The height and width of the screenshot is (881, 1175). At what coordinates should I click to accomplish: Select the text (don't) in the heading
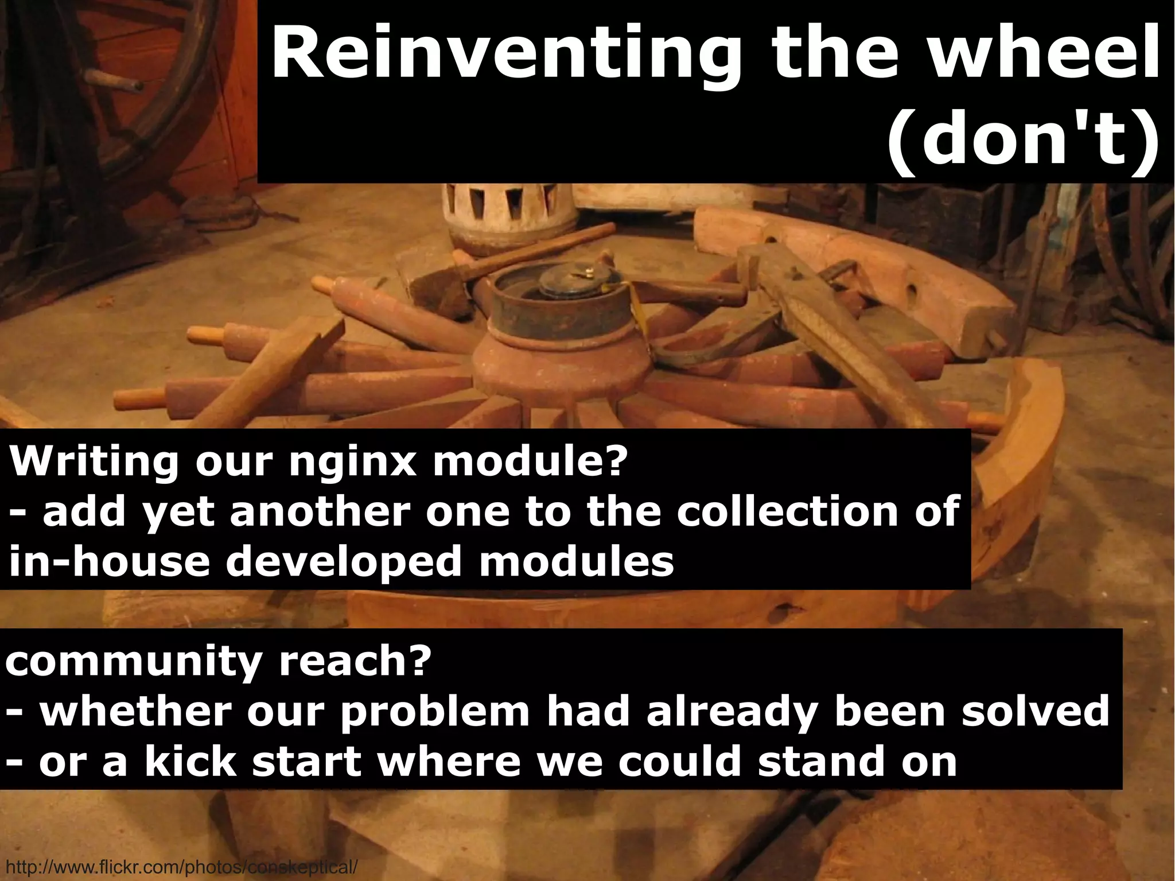coord(1021,141)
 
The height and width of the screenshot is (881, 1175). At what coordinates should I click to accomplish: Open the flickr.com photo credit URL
coord(181,866)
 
